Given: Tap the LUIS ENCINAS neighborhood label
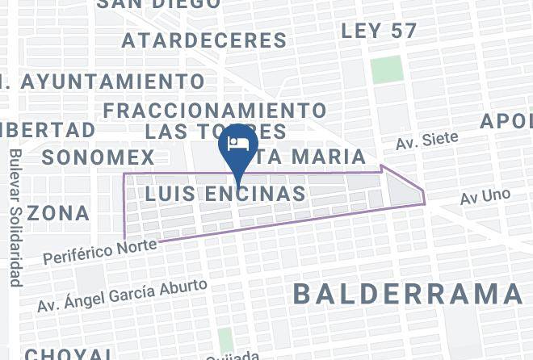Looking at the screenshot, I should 225,194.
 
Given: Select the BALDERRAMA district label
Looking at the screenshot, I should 408,294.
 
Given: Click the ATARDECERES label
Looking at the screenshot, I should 204,40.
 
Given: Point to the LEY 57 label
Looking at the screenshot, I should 380,31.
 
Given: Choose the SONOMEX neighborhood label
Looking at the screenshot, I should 98,157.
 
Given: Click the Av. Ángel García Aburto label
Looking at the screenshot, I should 123,295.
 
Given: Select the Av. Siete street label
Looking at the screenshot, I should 426,141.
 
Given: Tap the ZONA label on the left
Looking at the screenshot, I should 58,213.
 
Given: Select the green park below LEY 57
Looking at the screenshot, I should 387,69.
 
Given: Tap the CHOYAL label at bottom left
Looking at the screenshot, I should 69,354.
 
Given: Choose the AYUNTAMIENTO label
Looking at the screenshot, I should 113,82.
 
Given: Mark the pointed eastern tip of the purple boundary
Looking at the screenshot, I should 424,194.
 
